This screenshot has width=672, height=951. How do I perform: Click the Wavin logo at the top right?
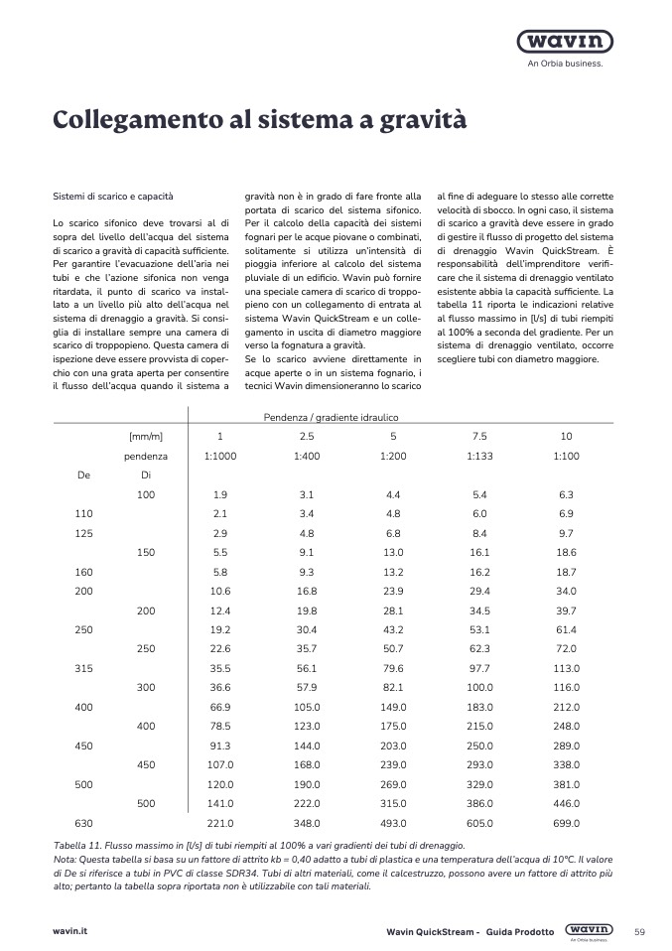tap(565, 43)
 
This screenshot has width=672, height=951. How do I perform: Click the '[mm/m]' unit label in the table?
tap(146, 437)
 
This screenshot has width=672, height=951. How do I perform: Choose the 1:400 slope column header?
tap(307, 457)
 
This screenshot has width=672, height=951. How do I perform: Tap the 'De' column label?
tap(83, 475)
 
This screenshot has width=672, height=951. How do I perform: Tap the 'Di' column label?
tap(146, 475)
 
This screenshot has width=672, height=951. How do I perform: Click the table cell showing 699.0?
tap(567, 823)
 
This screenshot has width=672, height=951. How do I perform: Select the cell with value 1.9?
tap(220, 494)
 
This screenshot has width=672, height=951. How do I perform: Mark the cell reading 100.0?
tap(479, 687)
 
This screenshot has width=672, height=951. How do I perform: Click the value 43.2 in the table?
tap(393, 629)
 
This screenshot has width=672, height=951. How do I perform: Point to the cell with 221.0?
tap(219, 823)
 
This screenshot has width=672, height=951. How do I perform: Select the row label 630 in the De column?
tap(83, 823)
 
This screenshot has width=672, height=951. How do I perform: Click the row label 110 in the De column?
tap(83, 513)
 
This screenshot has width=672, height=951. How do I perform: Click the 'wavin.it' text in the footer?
tap(69, 931)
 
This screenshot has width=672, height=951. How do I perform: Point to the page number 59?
tap(639, 931)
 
